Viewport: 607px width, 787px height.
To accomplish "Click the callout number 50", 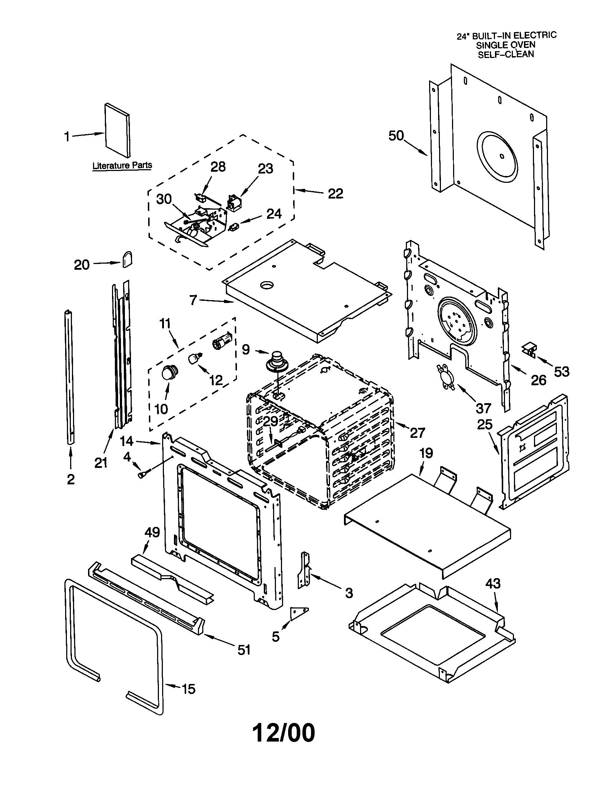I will coord(396,136).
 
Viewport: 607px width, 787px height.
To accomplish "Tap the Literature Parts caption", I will coord(122,165).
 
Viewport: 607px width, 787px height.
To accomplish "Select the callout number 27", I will coord(417,433).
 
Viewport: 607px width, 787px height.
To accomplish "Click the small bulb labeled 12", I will coord(195,358).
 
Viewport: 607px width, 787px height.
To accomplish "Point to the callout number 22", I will coord(335,194).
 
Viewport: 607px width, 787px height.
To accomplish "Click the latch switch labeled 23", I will coord(233,203).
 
